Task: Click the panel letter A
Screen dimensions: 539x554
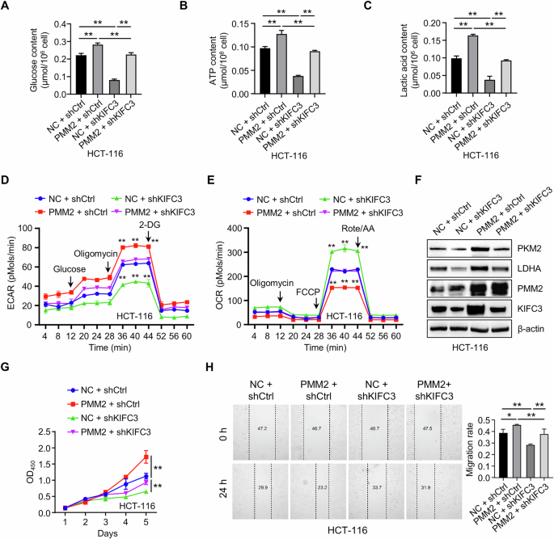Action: click(x=6, y=7)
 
